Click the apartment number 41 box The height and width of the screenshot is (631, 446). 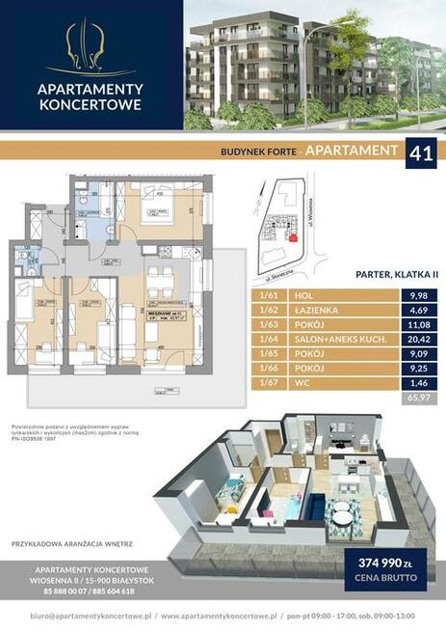pos(419,152)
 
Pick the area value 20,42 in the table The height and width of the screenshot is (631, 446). pos(415,340)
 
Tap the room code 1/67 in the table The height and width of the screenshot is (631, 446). pos(269,382)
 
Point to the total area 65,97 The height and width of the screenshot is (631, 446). pos(415,397)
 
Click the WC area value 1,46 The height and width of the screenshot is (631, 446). pos(415,382)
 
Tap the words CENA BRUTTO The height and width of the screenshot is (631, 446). pos(384,579)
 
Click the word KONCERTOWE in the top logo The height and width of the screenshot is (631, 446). pos(91,106)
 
